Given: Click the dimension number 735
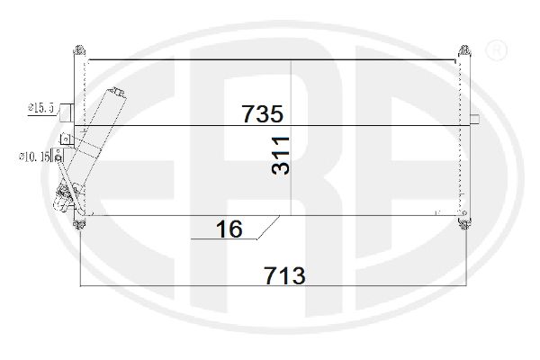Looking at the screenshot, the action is click(x=263, y=113).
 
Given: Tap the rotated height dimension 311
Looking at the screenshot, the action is click(x=280, y=156).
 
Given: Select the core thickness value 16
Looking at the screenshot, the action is click(x=229, y=229).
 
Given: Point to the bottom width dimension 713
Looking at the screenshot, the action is click(x=284, y=275).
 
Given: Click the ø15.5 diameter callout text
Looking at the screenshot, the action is click(x=41, y=108).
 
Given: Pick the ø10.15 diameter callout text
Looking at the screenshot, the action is click(x=34, y=157).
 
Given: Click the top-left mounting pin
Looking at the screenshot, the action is click(x=79, y=50).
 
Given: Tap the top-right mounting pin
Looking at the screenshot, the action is click(x=464, y=51).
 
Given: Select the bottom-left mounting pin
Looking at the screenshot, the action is click(x=79, y=224).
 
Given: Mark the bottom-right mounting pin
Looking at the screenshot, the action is click(x=464, y=224).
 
